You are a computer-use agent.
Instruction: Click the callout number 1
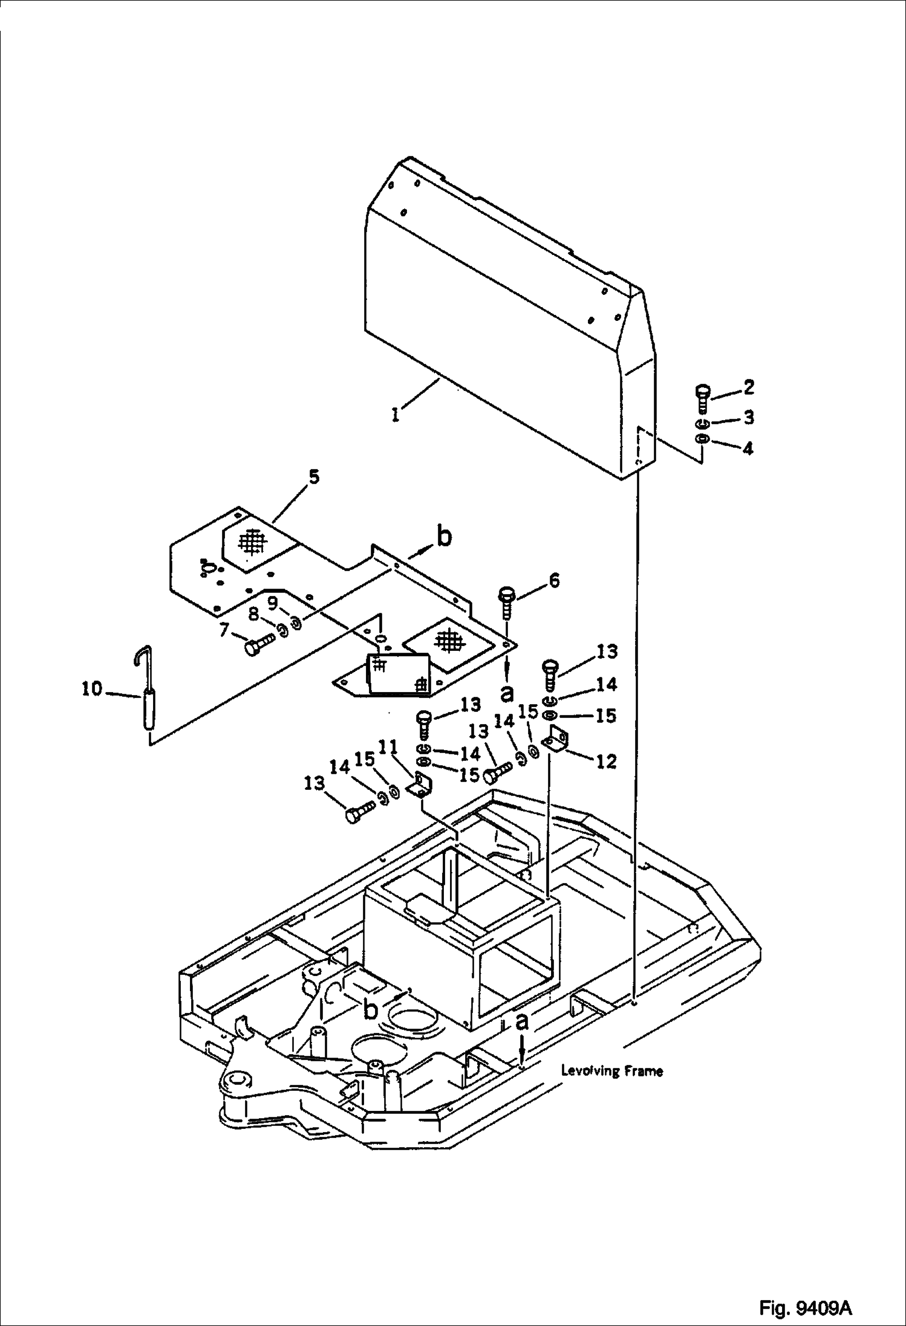click(395, 415)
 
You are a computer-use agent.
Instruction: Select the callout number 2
click(748, 387)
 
